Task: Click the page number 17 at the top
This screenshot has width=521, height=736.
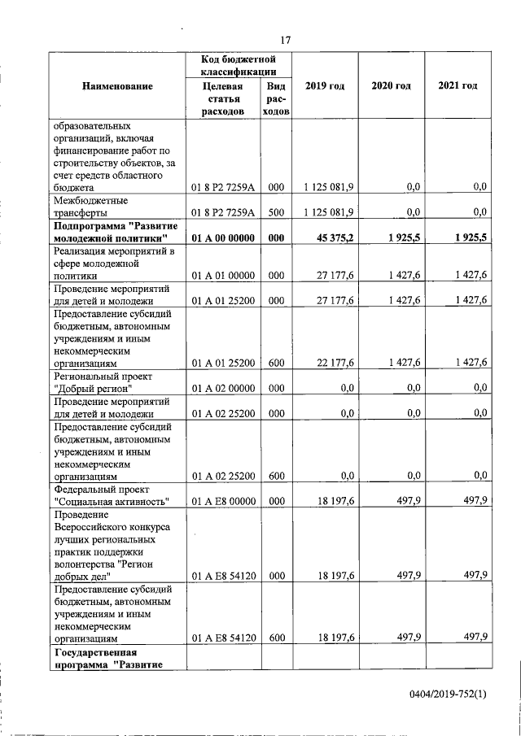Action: click(285, 40)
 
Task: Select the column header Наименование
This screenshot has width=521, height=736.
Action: click(117, 85)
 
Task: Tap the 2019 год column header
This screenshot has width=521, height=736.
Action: click(325, 85)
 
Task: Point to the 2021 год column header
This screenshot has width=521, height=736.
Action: click(458, 85)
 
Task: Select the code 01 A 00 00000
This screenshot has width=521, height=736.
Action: click(224, 237)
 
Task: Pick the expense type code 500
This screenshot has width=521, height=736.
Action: click(276, 212)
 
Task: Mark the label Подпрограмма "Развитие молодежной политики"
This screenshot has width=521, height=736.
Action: click(111, 232)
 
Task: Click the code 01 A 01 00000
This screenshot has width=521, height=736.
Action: click(224, 276)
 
